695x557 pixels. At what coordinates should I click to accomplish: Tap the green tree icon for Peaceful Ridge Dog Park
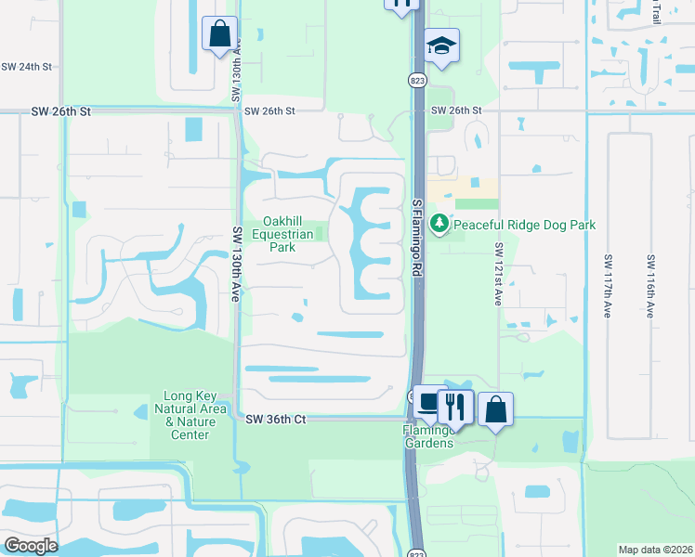[x=439, y=225]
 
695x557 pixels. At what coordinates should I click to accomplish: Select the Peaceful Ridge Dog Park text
[x=524, y=226]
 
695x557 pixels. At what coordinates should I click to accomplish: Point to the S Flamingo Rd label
[x=417, y=237]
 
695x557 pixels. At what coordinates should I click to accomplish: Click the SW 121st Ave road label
[x=499, y=275]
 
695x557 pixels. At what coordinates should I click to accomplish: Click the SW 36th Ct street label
[x=276, y=420]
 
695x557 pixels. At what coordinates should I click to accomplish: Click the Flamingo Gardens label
[x=428, y=436]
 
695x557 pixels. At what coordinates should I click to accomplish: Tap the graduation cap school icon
[x=441, y=45]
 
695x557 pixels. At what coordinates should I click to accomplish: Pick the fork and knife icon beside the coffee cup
[x=455, y=406]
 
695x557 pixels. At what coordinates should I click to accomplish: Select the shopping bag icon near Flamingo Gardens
[x=495, y=408]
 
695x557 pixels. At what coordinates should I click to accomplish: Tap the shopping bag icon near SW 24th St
[x=219, y=34]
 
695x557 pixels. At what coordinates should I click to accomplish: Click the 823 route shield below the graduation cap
[x=418, y=81]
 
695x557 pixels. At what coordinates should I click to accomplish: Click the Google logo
[x=31, y=546]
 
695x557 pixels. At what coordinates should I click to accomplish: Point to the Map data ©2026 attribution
[x=655, y=550]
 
